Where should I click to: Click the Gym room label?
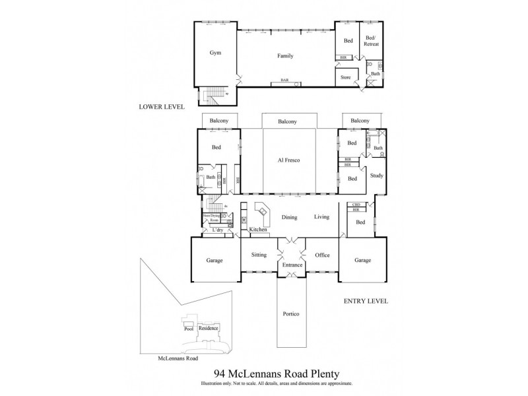[214, 53]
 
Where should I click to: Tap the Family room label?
[284, 56]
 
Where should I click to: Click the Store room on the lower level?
[345, 77]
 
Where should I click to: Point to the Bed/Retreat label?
[371, 43]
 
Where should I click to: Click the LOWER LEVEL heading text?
[162, 106]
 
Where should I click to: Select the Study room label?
[376, 175]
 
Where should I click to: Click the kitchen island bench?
[262, 213]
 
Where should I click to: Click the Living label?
[321, 216]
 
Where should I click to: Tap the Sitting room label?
[258, 255]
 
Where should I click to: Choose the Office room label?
[322, 255]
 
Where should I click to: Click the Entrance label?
[290, 265]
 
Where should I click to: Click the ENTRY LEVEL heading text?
[366, 301]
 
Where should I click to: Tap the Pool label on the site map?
[188, 328]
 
